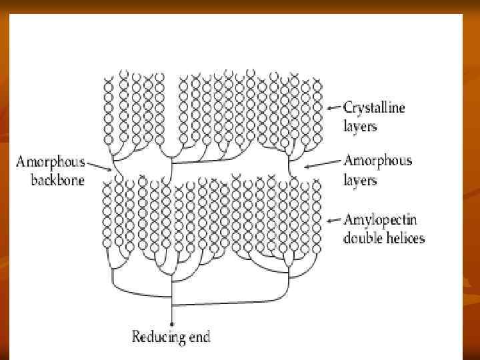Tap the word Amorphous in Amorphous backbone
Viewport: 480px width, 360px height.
tap(51, 161)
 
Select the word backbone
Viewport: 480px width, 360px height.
tap(57, 180)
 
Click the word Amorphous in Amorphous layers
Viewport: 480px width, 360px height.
tap(378, 161)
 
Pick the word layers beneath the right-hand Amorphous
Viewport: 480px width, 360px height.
tap(360, 180)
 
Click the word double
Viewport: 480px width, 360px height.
tap(361, 237)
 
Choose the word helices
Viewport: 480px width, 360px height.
tap(403, 237)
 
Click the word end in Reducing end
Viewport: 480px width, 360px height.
tap(199, 337)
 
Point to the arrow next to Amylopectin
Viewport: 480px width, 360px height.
tap(335, 219)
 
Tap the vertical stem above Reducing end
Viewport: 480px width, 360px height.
tap(172, 310)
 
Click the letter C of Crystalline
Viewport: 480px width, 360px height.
tap(348, 107)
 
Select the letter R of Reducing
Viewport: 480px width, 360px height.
tap(136, 337)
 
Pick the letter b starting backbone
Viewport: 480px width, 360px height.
tap(35, 180)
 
